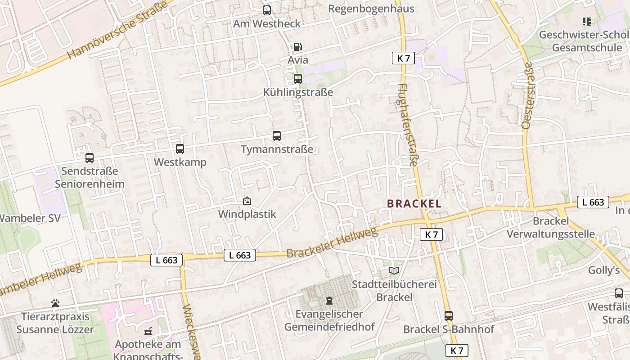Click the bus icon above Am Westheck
point(267,10)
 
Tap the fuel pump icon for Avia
point(297,47)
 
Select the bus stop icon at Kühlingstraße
point(297,79)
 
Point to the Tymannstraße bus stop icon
point(277,135)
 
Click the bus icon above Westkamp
point(180,148)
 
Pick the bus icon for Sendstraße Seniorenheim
point(90,157)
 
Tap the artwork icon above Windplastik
point(247,201)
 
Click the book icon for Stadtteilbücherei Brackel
point(394,270)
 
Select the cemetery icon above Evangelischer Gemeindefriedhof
point(329,300)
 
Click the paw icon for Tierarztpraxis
point(55,303)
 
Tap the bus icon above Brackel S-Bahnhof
point(448,315)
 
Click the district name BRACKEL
point(414,203)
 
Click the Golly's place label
point(604,270)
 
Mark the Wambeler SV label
point(30,218)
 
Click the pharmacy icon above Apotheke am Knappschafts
point(148,331)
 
